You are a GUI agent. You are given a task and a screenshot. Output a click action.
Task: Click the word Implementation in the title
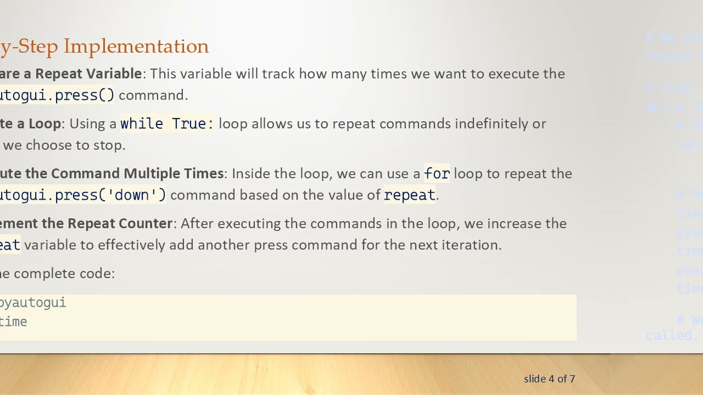click(x=136, y=47)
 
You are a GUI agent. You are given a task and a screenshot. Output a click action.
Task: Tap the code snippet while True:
click(x=167, y=124)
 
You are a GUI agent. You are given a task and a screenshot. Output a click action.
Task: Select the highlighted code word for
click(x=437, y=174)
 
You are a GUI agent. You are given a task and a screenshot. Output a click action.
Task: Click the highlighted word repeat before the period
click(x=409, y=195)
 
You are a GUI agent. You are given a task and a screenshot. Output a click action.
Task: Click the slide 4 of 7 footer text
click(x=549, y=379)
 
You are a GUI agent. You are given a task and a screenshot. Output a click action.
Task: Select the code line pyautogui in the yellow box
click(x=33, y=303)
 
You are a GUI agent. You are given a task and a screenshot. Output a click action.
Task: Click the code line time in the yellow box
click(x=14, y=322)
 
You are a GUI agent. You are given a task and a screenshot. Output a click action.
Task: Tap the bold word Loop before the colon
click(x=44, y=124)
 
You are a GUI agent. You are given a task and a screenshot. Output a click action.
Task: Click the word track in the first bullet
click(x=278, y=74)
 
